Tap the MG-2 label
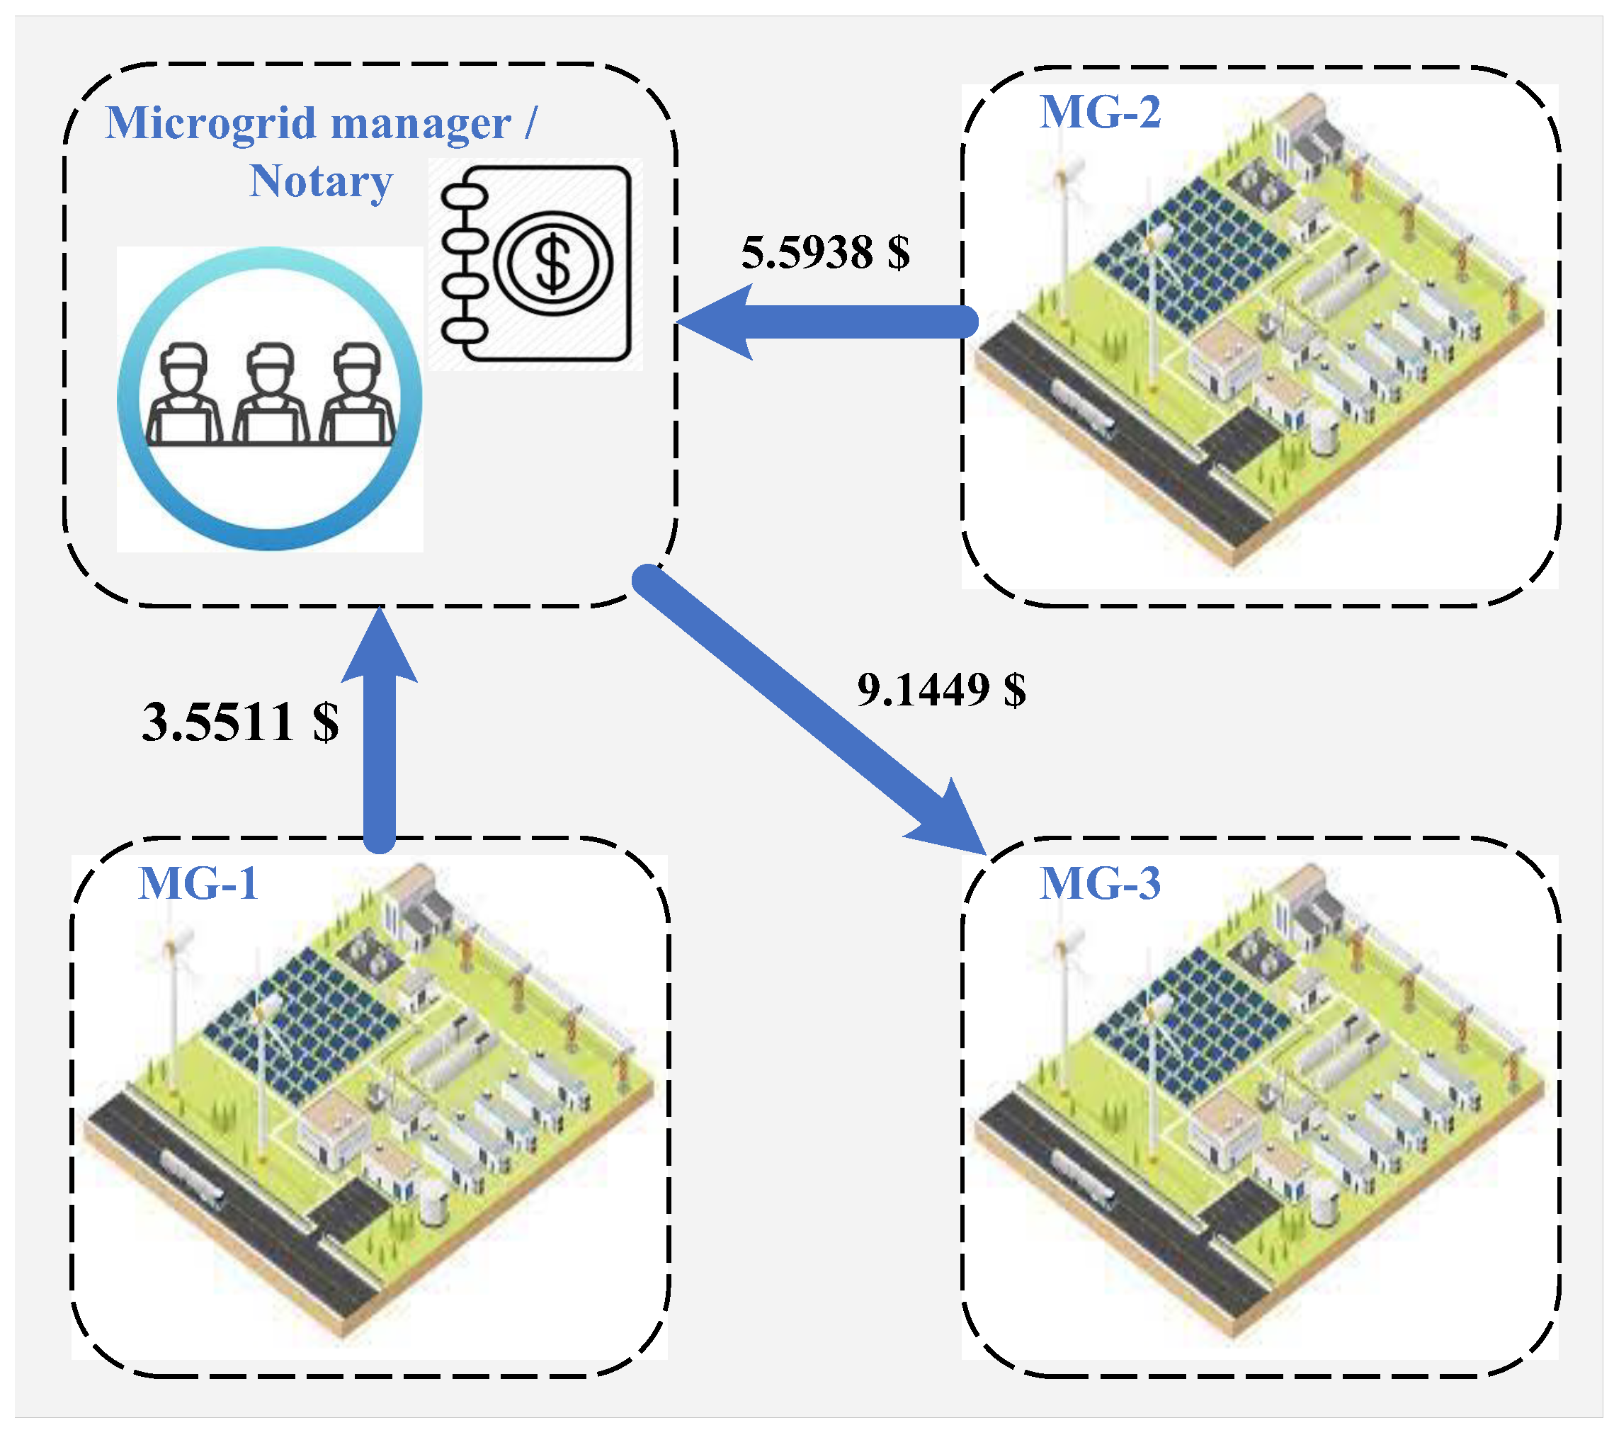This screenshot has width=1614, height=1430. [1099, 111]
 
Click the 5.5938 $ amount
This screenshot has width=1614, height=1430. [825, 253]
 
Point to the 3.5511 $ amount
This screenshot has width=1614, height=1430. [240, 722]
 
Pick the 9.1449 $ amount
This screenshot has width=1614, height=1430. [941, 689]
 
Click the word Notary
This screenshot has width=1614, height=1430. [321, 181]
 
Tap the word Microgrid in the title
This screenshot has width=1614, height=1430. [211, 123]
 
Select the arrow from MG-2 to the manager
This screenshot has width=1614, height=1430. [829, 322]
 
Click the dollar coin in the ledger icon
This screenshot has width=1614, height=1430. [552, 263]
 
